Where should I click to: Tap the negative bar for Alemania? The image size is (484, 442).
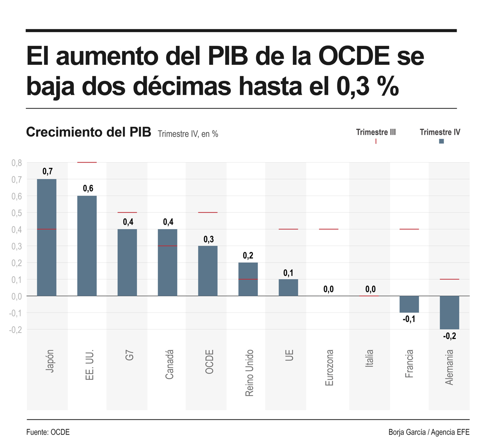(449, 312)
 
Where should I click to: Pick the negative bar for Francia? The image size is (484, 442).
(409, 304)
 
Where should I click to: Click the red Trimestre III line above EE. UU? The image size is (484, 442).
(87, 162)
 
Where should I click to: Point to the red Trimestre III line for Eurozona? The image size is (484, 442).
(329, 229)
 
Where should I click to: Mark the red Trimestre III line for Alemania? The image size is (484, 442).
(449, 279)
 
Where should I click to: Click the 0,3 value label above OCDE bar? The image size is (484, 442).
(209, 239)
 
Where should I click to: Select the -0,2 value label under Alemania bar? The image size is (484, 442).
(449, 336)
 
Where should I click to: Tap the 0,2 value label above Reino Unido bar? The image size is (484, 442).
(248, 256)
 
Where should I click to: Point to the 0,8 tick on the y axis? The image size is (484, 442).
(17, 163)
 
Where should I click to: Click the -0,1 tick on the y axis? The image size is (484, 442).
(16, 313)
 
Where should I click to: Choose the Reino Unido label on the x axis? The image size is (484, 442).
(249, 373)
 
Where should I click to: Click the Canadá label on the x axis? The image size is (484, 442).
(169, 364)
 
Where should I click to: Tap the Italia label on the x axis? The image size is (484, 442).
(369, 358)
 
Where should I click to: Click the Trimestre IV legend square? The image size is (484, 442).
(441, 141)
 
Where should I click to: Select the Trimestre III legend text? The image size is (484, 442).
(376, 132)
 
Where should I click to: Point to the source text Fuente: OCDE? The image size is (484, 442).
(48, 432)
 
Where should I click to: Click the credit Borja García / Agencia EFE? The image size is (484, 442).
(429, 432)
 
